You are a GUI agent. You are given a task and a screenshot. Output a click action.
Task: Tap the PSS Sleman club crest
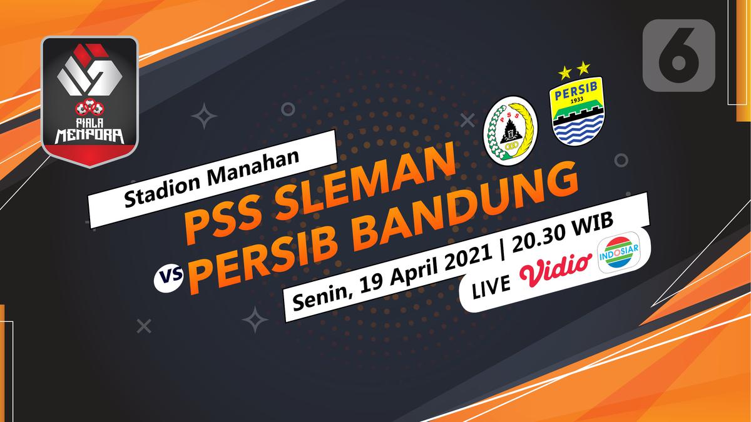512,130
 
